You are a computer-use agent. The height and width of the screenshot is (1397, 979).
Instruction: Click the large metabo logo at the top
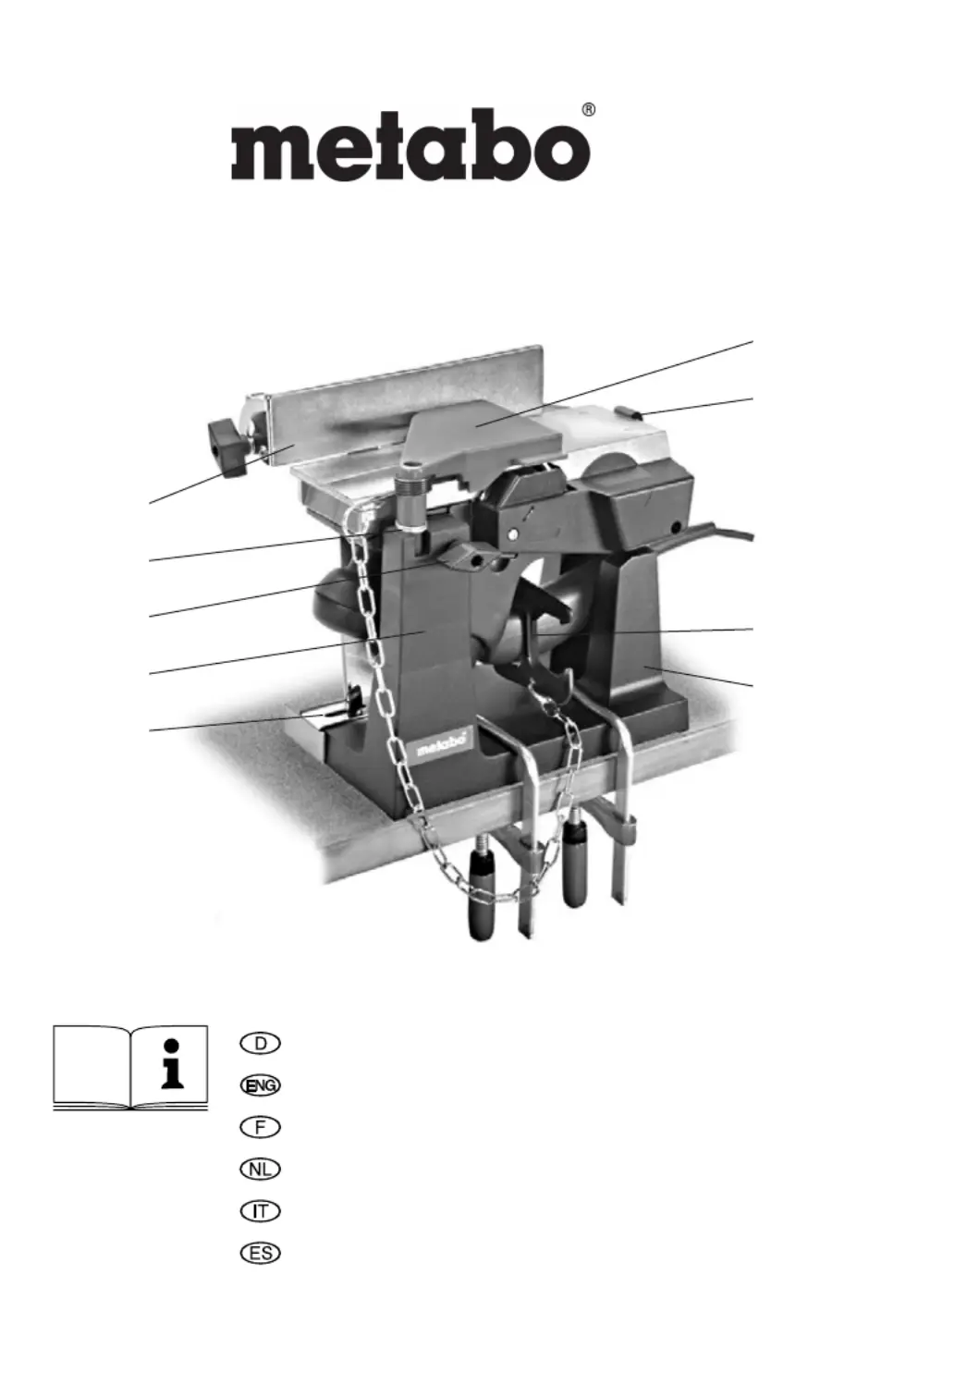(x=410, y=145)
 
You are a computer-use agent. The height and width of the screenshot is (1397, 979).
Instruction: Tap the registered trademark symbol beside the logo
(x=588, y=111)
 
